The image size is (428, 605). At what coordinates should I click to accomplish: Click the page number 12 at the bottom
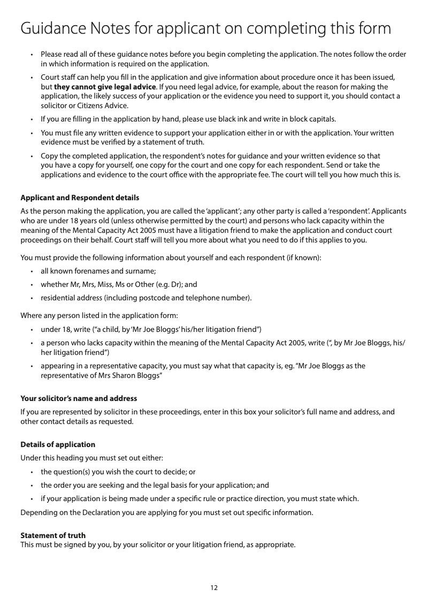pyautogui.click(x=214, y=588)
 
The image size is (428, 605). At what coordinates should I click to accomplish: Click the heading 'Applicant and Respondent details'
pyautogui.click(x=80, y=198)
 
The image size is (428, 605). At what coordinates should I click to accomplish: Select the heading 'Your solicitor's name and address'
pyautogui.click(x=79, y=398)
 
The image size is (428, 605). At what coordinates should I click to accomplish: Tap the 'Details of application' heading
pyautogui.click(x=58, y=444)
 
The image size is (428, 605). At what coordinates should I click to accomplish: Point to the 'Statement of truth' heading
pyautogui.click(x=53, y=535)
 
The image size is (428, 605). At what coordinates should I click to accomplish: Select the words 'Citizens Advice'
pyautogui.click(x=99, y=105)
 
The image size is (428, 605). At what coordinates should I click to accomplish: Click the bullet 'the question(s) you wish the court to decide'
pyautogui.click(x=118, y=472)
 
